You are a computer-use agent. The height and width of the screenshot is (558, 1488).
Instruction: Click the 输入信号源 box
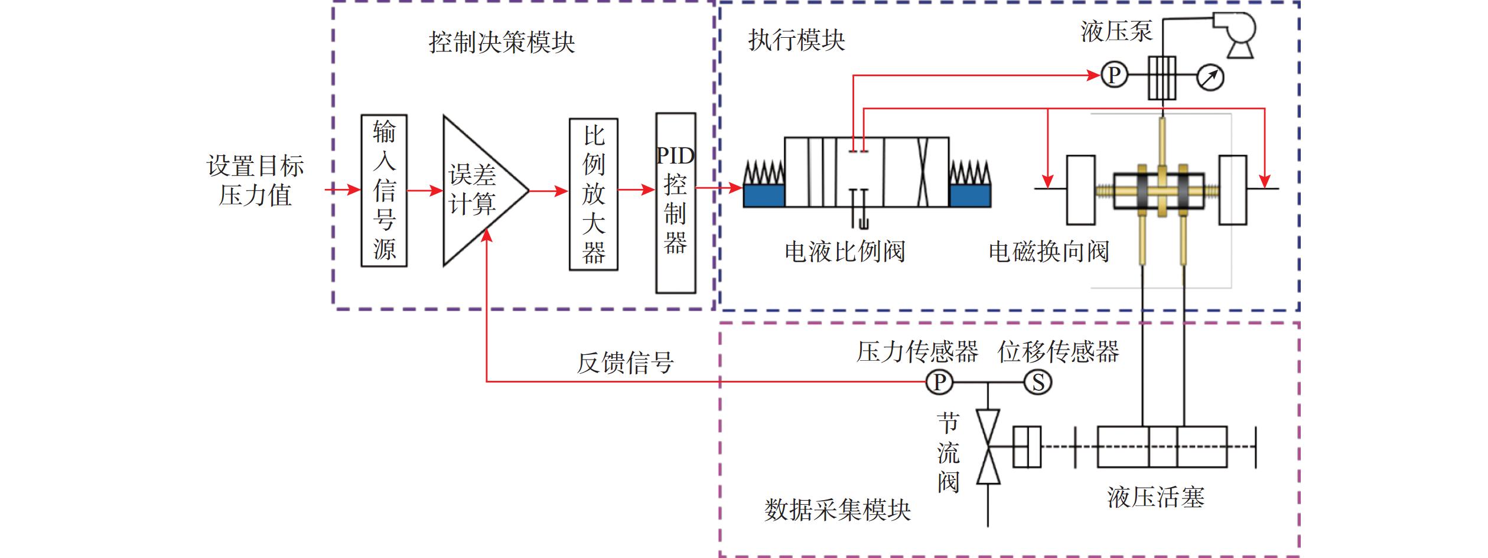click(x=384, y=190)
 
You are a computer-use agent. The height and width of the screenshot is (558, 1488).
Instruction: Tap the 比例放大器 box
click(x=593, y=194)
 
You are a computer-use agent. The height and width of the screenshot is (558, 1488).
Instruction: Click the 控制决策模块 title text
click(x=502, y=43)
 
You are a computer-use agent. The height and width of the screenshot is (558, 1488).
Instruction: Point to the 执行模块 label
click(x=796, y=40)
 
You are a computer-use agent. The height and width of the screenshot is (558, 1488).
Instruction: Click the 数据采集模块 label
click(x=837, y=510)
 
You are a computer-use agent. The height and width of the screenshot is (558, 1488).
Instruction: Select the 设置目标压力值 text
click(x=255, y=181)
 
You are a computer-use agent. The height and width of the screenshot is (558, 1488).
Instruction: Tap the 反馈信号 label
click(x=625, y=362)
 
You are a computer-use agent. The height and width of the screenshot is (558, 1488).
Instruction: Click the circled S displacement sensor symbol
click(x=1038, y=382)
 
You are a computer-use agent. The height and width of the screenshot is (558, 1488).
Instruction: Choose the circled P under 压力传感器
click(x=939, y=382)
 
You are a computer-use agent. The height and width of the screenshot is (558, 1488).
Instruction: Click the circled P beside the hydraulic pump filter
click(x=1114, y=76)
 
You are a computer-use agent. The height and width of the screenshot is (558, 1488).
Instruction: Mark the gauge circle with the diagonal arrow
click(x=1210, y=77)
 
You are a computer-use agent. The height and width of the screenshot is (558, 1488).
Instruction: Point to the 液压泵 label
click(x=1116, y=31)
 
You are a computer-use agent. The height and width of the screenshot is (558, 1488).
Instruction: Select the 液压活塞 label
click(x=1155, y=497)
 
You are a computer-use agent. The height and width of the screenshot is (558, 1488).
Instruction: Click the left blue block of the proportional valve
click(x=764, y=195)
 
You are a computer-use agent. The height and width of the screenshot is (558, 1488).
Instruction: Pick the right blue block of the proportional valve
click(x=970, y=195)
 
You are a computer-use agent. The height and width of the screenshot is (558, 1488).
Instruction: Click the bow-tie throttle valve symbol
click(x=988, y=447)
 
